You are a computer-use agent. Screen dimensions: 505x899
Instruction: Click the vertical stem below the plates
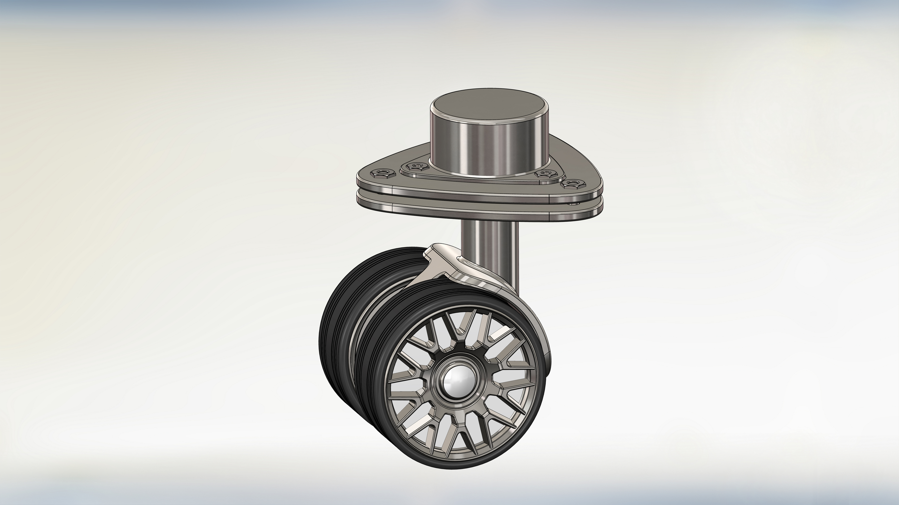click(489, 234)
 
